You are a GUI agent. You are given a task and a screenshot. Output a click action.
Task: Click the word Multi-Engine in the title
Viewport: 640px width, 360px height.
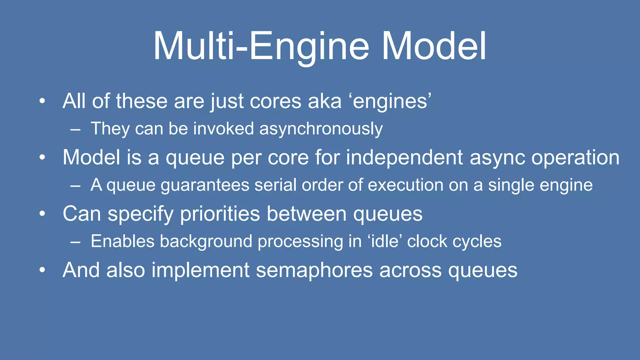click(261, 46)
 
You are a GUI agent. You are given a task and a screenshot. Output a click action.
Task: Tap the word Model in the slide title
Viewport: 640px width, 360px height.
click(434, 46)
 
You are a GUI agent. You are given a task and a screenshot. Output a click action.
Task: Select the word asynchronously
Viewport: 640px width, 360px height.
click(321, 129)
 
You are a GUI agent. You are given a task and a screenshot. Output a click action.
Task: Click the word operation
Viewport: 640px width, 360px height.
click(575, 158)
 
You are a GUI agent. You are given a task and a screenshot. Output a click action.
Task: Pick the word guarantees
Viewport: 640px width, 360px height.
click(205, 185)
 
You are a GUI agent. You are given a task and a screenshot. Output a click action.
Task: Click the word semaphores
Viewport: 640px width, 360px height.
click(314, 270)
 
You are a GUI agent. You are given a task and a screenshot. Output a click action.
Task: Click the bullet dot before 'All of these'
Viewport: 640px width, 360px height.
click(42, 101)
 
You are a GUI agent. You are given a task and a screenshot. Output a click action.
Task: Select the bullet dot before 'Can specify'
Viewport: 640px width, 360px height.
click(42, 214)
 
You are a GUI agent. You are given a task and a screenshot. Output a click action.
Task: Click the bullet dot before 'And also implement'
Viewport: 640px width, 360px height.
click(42, 270)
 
